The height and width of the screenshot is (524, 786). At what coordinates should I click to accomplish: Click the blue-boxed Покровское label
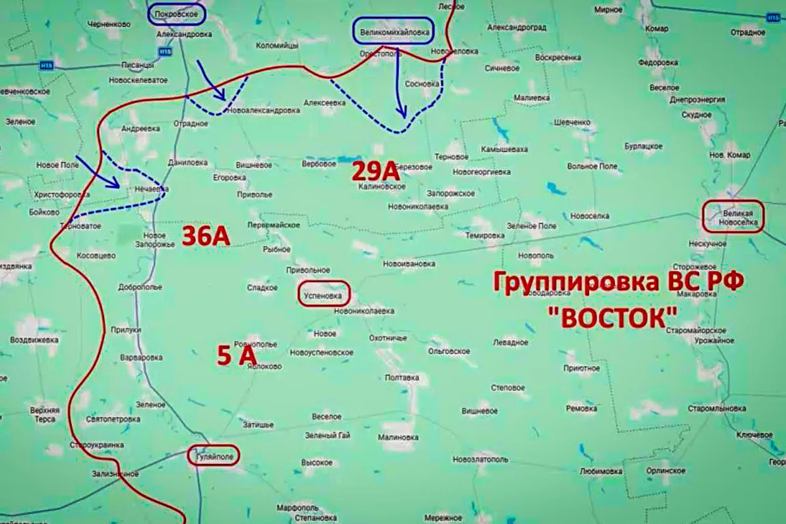176,14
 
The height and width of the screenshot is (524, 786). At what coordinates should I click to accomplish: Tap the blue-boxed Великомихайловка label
393,31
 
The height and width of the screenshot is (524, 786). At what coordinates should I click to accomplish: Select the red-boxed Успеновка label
324,295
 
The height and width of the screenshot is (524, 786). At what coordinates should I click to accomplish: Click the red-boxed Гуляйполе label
214,455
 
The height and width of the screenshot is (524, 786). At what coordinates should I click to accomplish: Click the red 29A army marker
375,172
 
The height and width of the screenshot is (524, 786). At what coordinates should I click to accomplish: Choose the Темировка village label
483,234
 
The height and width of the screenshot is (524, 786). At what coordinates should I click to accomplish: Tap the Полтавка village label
402,377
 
